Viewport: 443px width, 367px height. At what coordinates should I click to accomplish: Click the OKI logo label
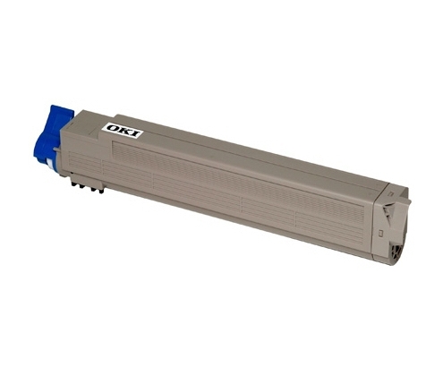pos(123,131)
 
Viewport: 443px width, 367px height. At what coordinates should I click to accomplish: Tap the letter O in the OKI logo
pos(113,128)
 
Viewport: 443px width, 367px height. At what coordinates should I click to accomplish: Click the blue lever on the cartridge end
pos(53,137)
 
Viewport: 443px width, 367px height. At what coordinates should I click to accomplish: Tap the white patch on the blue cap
pos(49,164)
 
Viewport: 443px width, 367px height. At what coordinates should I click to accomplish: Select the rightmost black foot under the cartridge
pos(101,191)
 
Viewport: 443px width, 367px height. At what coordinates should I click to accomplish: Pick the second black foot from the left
pos(81,185)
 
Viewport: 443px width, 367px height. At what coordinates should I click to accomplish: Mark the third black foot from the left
pos(93,189)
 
